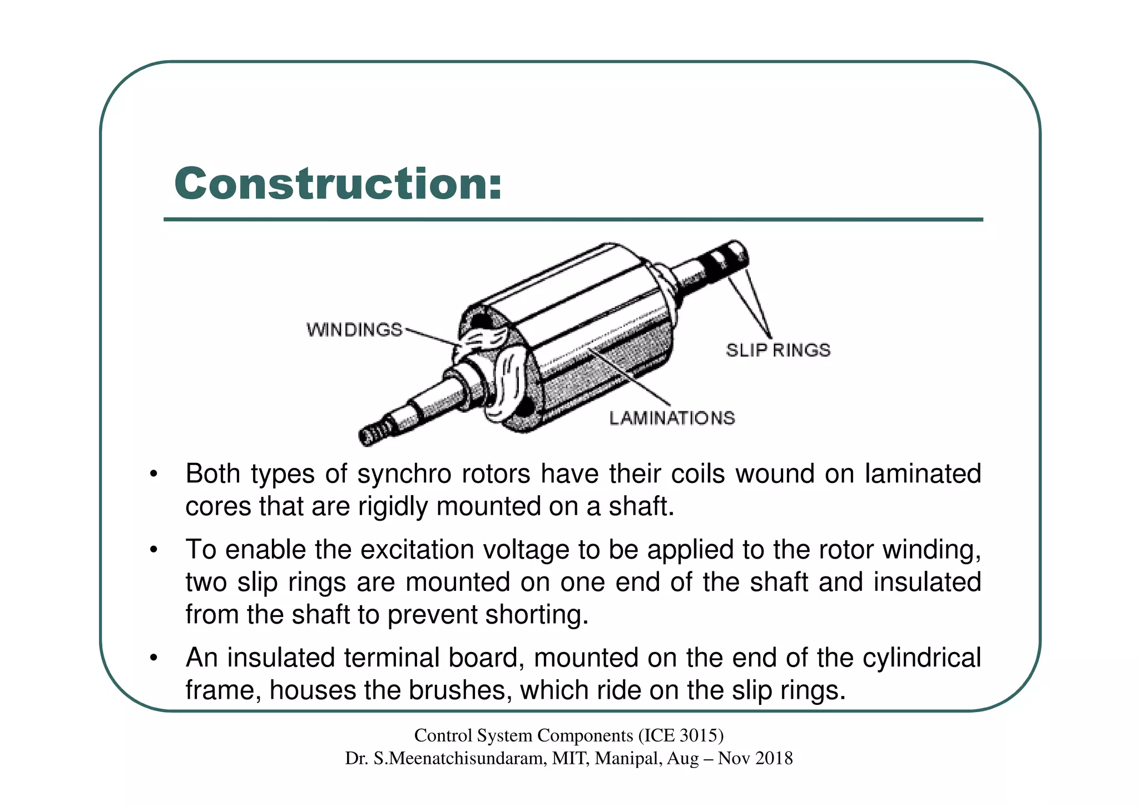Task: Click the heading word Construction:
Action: coord(338,184)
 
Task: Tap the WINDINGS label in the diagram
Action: coord(354,330)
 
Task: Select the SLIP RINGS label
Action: coord(778,350)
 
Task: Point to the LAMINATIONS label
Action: coord(672,418)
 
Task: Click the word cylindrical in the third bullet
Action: coord(922,658)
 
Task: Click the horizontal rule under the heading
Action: coord(573,220)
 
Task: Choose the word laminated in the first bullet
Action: coord(923,474)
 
